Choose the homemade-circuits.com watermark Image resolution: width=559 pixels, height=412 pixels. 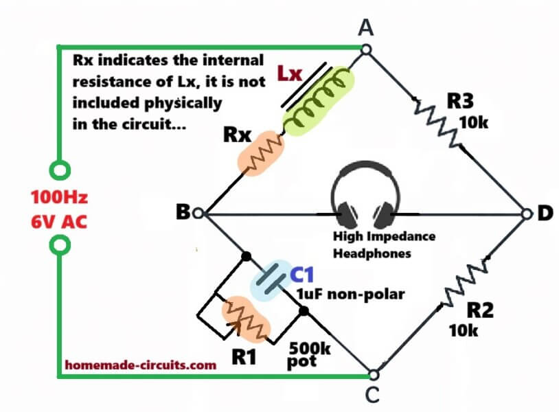141,366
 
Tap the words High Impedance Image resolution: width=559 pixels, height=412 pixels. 383,237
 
